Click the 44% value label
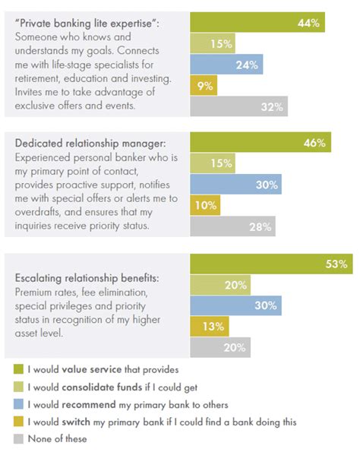click(308, 24)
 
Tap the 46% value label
click(315, 142)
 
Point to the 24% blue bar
click(226, 65)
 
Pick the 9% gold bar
click(201, 86)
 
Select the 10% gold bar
click(203, 204)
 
